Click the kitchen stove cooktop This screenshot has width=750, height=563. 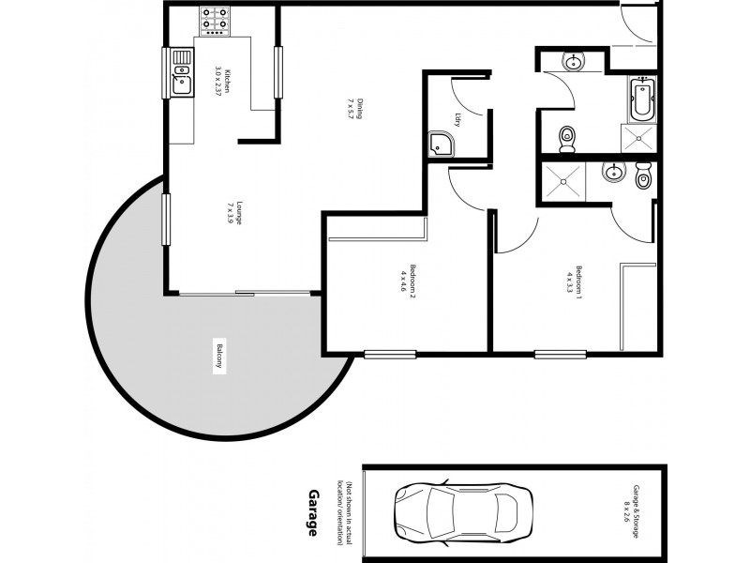pyautogui.click(x=216, y=21)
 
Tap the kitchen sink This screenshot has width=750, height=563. pyautogui.click(x=181, y=74)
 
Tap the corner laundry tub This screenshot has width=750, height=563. pyautogui.click(x=440, y=144)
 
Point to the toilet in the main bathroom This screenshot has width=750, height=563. pyautogui.click(x=566, y=139)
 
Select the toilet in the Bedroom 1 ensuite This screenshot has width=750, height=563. pyautogui.click(x=642, y=175)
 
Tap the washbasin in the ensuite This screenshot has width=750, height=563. pyautogui.click(x=612, y=173)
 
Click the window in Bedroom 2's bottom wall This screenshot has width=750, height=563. pyautogui.click(x=389, y=354)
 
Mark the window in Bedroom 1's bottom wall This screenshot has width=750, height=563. pyautogui.click(x=560, y=354)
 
